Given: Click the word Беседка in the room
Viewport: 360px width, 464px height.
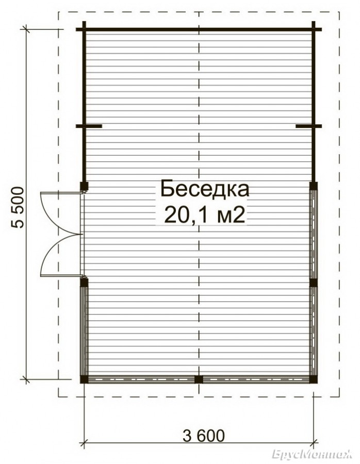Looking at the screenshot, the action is [205, 190].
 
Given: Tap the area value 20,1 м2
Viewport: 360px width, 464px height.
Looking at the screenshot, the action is [205, 215].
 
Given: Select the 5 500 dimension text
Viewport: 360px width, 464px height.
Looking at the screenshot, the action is [17, 207].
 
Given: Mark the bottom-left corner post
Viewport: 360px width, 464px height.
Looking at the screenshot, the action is [84, 379].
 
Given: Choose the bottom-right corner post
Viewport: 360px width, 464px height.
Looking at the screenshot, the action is [313, 379].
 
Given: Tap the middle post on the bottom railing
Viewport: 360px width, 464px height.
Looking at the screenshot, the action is [199, 379].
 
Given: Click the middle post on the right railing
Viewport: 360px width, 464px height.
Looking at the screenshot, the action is [314, 283].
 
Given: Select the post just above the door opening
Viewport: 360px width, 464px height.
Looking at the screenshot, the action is [85, 186].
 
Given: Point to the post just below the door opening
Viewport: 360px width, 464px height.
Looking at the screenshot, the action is [85, 283].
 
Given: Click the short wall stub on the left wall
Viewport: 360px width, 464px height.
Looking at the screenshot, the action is [89, 126].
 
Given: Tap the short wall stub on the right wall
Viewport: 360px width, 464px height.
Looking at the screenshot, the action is [309, 126].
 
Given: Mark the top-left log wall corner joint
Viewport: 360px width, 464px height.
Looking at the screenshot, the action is [84, 29].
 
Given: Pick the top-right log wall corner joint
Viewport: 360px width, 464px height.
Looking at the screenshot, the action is [314, 29].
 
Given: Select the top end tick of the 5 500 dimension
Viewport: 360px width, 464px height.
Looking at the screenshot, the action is [26, 29].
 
